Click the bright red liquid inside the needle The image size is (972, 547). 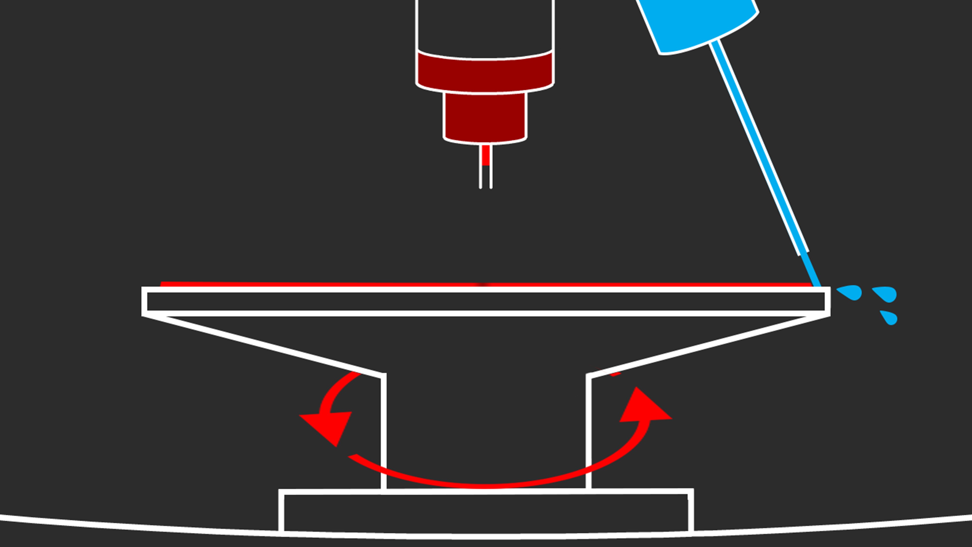tap(486, 155)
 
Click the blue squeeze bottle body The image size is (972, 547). tap(698, 23)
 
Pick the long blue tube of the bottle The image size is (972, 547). tap(758, 147)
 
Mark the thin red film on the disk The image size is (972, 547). tap(302, 284)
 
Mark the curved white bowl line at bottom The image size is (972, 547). tap(113, 527)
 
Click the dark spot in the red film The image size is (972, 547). tap(483, 284)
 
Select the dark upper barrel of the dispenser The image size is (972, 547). tap(485, 26)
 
